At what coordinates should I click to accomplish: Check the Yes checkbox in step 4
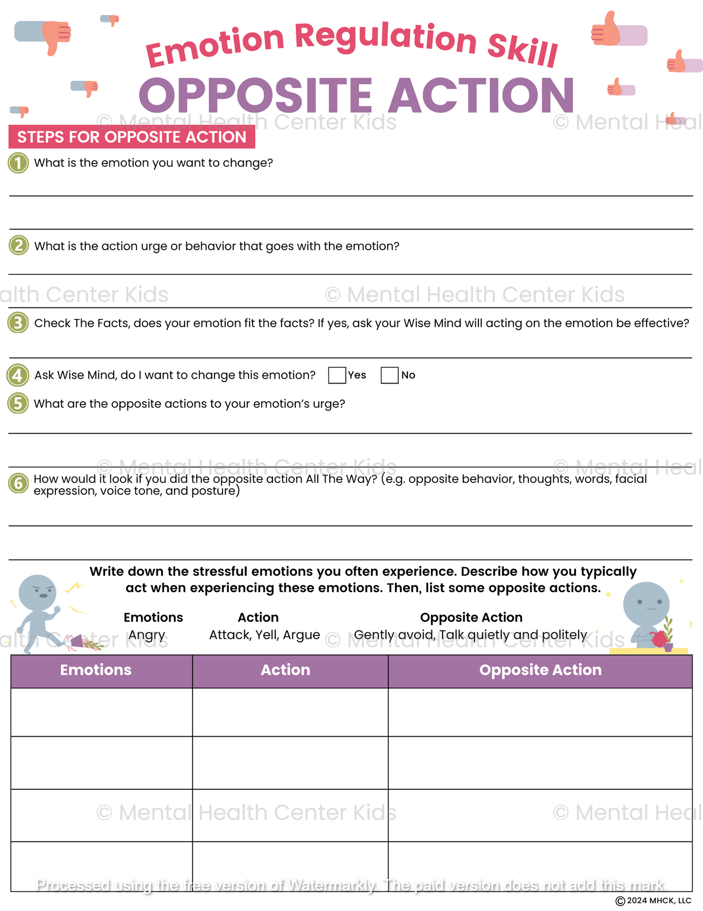tap(337, 375)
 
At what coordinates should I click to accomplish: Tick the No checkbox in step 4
tap(389, 375)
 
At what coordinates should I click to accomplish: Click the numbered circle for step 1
tap(18, 163)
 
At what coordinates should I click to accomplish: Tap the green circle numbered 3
tap(18, 323)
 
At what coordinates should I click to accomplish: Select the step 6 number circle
tap(18, 483)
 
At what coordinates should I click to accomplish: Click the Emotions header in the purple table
tap(96, 670)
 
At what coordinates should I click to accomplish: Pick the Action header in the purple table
tap(285, 670)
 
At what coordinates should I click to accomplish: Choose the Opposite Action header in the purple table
tap(540, 670)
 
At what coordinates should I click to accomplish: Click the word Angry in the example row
tap(146, 635)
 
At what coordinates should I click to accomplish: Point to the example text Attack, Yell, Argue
tap(264, 635)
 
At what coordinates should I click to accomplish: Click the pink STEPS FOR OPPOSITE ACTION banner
tap(132, 137)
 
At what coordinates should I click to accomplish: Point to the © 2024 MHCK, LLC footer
tap(653, 901)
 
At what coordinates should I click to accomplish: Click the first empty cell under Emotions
tap(101, 712)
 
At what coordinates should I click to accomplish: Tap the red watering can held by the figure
tap(659, 639)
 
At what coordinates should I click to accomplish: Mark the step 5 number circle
tap(18, 404)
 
